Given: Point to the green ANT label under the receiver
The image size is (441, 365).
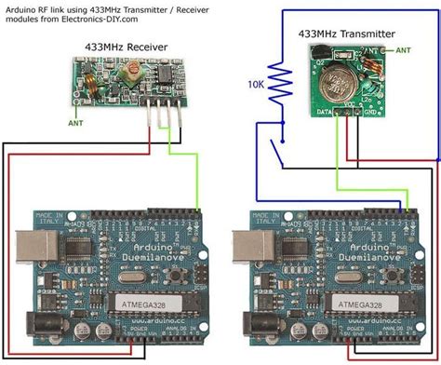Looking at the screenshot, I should pyautogui.click(x=77, y=120).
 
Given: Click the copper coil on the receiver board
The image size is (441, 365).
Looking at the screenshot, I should pyautogui.click(x=92, y=88).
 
